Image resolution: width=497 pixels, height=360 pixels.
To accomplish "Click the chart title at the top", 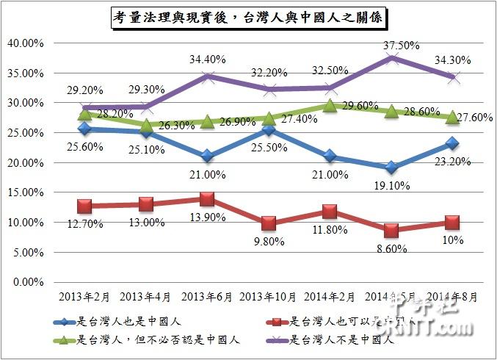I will tap(249, 17).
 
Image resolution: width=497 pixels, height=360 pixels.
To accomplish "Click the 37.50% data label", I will tap(401, 45).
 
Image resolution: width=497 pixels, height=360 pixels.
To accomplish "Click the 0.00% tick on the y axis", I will tap(27, 281).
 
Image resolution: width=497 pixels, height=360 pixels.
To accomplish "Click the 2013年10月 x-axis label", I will tap(269, 297).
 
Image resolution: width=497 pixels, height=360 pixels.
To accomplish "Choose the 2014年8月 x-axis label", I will tap(452, 297).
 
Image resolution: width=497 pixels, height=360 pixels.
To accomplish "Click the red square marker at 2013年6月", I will tap(207, 199).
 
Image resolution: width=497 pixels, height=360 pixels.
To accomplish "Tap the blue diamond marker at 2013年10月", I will tap(269, 130).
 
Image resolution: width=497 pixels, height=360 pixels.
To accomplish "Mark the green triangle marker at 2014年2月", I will tap(330, 106).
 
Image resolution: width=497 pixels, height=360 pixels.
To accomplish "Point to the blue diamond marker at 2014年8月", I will tap(452, 143).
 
